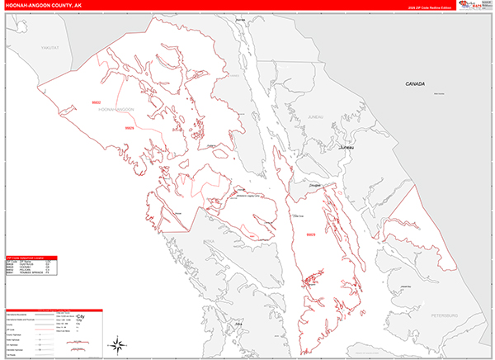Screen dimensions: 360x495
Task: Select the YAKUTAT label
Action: (52, 48)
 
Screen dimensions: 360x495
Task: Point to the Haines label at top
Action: (240, 17)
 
